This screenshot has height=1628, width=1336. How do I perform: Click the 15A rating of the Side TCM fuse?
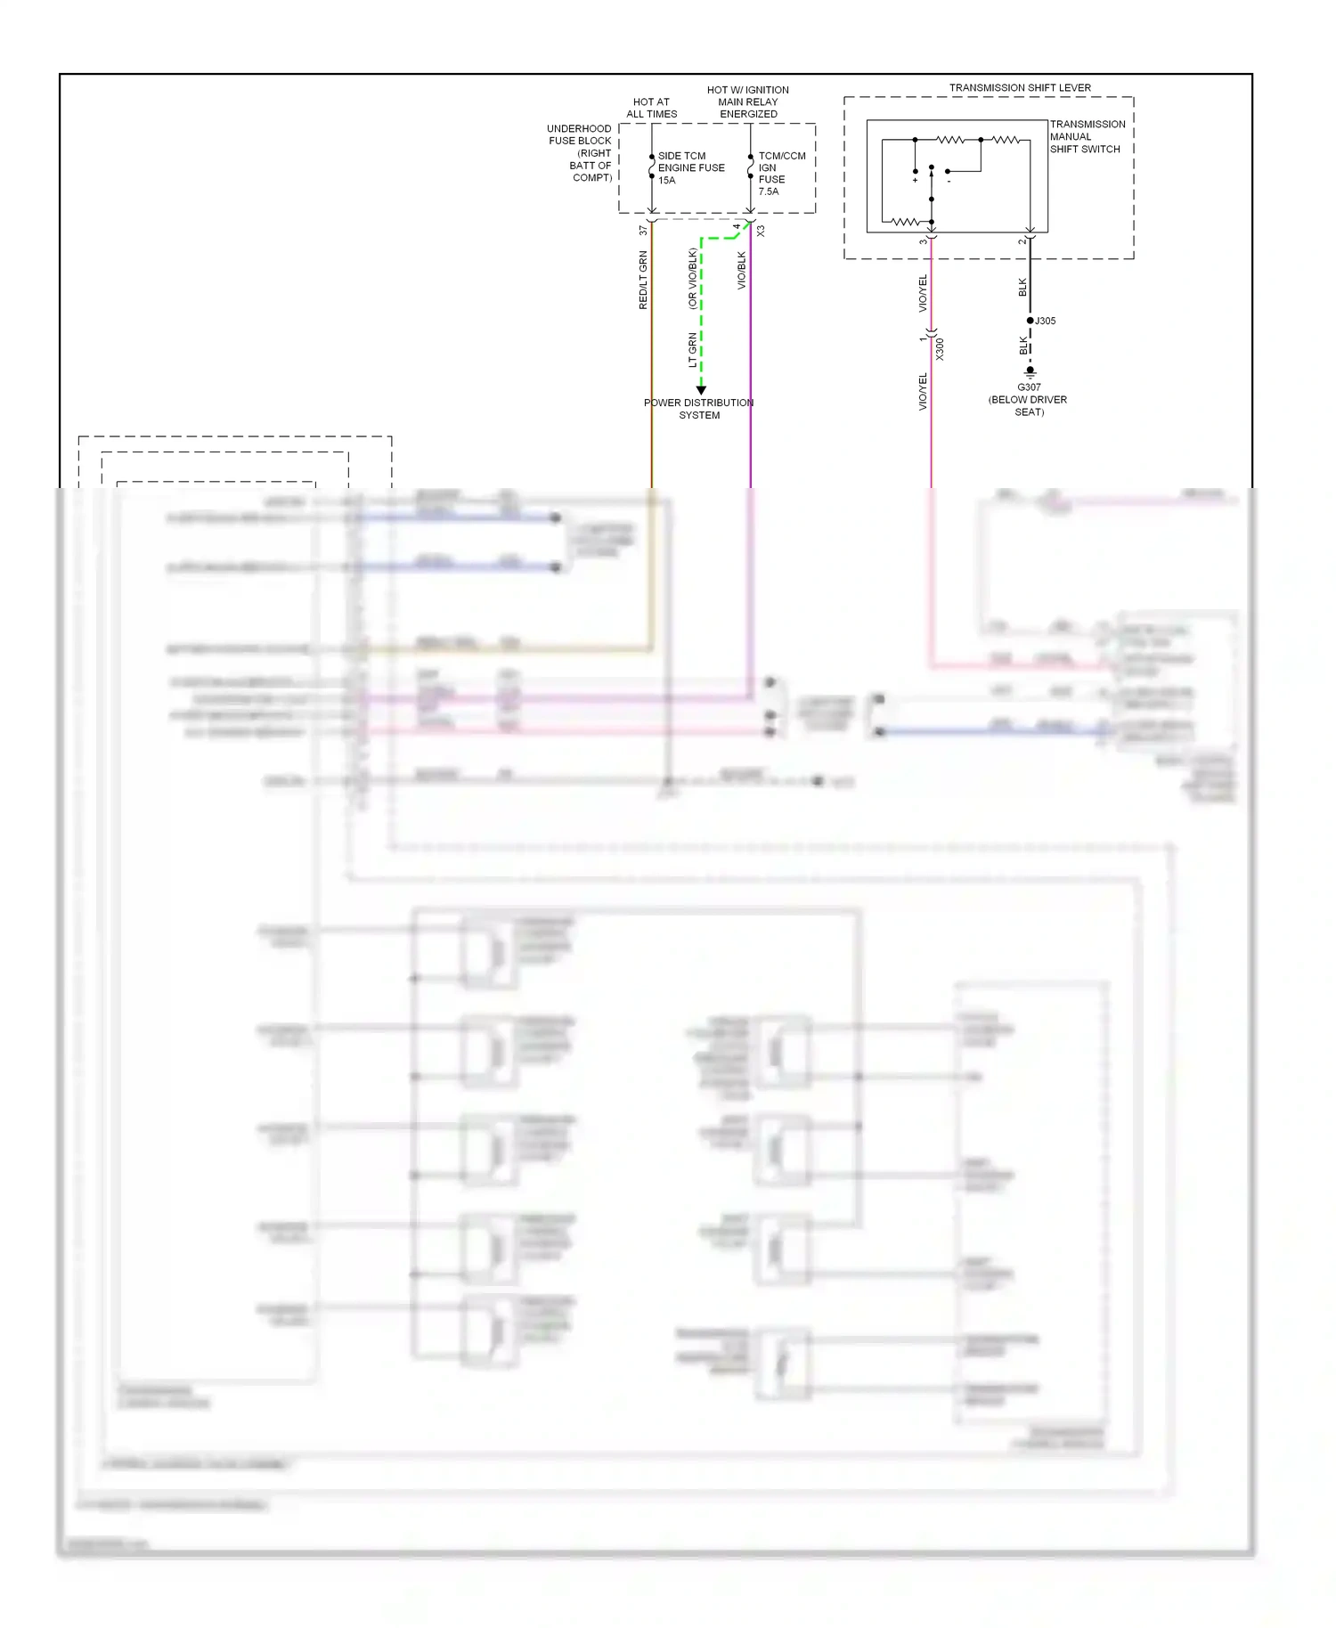click(666, 180)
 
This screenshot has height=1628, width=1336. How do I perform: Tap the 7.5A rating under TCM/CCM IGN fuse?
click(768, 191)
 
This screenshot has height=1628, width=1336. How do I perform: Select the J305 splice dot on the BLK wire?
click(1031, 321)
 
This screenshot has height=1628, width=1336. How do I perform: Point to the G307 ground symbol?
click(1031, 370)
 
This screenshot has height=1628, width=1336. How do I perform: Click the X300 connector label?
click(940, 348)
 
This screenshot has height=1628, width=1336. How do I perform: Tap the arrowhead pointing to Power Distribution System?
click(701, 390)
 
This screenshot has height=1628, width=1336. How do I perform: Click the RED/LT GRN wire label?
click(643, 280)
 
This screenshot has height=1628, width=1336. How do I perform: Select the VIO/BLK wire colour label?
click(742, 270)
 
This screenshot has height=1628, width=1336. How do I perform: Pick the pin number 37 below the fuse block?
click(643, 231)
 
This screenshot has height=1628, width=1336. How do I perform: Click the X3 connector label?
click(761, 231)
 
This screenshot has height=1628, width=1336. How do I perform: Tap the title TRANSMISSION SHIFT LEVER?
click(1020, 87)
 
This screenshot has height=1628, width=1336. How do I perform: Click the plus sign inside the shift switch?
click(915, 181)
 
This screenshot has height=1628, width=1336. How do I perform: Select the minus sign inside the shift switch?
click(949, 182)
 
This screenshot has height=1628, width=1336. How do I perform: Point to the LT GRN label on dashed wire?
click(692, 350)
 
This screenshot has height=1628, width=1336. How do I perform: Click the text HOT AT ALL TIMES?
click(651, 108)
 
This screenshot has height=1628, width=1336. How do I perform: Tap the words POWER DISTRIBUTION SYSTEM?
click(699, 409)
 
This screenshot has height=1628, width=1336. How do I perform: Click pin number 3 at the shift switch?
click(923, 241)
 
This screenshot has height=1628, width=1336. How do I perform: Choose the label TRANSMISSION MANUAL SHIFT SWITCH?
click(1087, 136)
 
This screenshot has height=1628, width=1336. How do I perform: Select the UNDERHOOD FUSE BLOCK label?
click(580, 152)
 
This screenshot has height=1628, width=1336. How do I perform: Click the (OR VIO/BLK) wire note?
click(692, 278)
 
